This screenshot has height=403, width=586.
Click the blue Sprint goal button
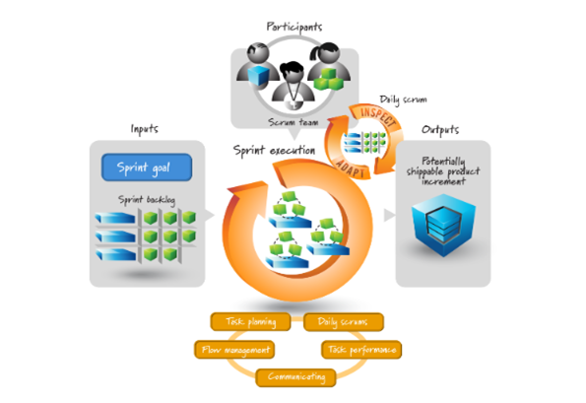click(147, 168)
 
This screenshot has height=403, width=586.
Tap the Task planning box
click(250, 321)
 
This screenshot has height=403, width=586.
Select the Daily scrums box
click(344, 322)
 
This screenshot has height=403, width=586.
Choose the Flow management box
click(234, 350)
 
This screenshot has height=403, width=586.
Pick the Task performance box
click(361, 350)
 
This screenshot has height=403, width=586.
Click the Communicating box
click(296, 377)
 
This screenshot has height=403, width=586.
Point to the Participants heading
click(294, 27)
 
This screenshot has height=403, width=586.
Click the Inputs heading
click(144, 129)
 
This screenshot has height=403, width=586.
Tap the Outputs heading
click(440, 130)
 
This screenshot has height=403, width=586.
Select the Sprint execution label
click(274, 151)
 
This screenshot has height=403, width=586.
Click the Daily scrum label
click(403, 100)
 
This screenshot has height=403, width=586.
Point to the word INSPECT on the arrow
click(378, 116)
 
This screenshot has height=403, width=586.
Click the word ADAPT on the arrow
click(350, 168)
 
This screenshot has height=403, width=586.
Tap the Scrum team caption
click(293, 122)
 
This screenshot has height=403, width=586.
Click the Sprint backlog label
click(147, 200)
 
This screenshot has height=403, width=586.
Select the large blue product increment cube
click(443, 225)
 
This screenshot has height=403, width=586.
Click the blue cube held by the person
click(259, 75)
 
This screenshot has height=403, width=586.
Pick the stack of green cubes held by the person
click(329, 79)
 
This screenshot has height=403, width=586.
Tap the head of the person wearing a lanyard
click(292, 71)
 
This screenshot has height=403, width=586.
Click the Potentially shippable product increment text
click(443, 171)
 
